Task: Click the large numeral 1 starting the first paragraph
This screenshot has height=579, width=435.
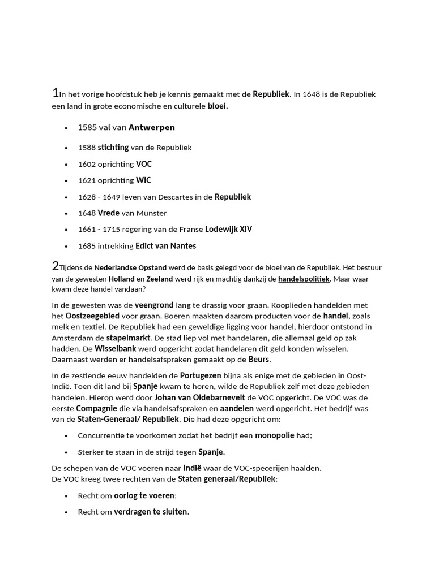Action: (x=55, y=93)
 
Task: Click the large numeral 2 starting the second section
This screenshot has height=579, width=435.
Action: (x=55, y=265)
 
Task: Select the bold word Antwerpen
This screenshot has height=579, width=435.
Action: (x=152, y=127)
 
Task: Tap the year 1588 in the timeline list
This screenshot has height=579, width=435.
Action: (x=87, y=148)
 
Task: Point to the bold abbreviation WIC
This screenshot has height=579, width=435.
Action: (x=143, y=180)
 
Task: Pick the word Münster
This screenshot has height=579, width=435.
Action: (x=152, y=213)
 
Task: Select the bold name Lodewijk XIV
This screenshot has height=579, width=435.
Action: (x=228, y=230)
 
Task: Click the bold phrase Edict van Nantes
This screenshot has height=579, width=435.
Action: (x=165, y=246)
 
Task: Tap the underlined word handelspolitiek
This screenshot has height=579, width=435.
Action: (x=304, y=279)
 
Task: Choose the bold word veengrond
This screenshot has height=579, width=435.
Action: (x=154, y=305)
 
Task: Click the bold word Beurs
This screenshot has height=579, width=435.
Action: (x=259, y=359)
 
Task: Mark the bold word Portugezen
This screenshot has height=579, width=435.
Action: (x=201, y=375)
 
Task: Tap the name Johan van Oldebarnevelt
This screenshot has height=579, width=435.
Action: (x=200, y=397)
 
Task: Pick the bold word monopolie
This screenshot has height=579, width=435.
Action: (x=275, y=435)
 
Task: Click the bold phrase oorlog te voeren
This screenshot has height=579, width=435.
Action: (x=144, y=495)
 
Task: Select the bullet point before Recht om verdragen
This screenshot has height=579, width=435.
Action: (x=66, y=512)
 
